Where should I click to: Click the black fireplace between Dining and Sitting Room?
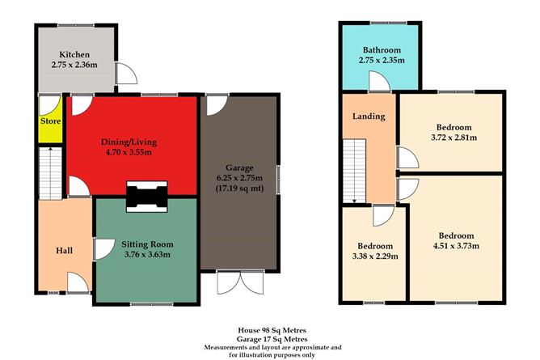click(x=146, y=196)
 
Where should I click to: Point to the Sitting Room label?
click(x=146, y=243)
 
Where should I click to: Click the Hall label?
click(x=64, y=250)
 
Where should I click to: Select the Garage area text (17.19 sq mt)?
click(x=239, y=188)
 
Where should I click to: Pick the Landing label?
click(x=368, y=116)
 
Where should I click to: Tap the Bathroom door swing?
click(x=376, y=82)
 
